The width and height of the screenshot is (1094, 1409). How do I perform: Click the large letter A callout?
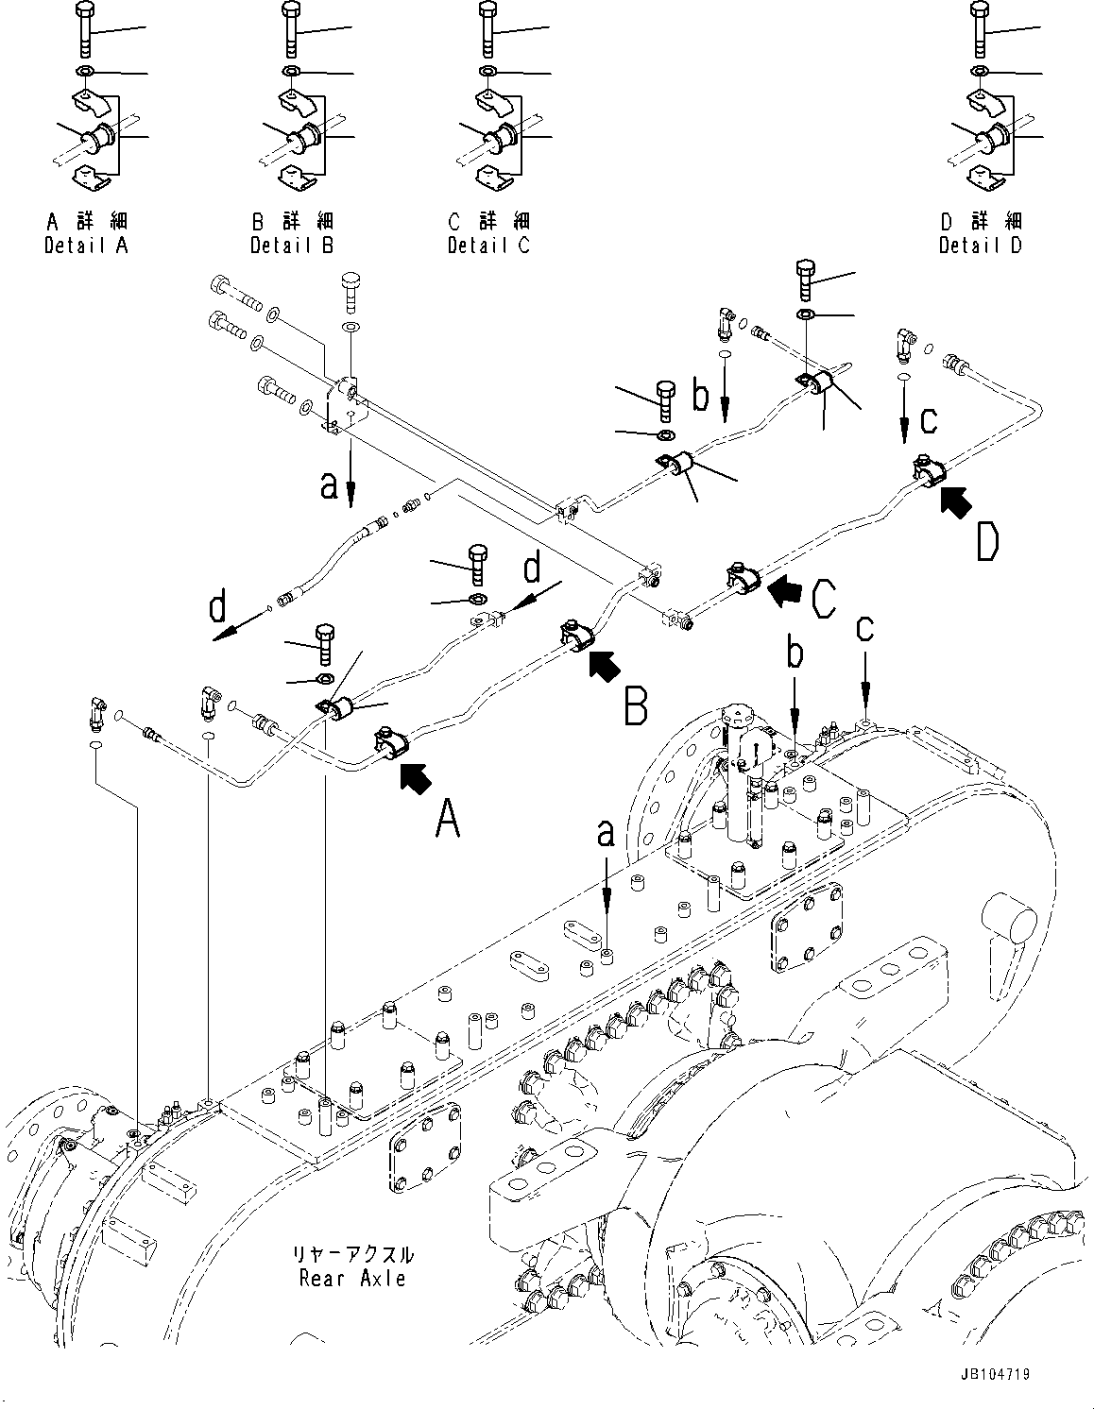(447, 818)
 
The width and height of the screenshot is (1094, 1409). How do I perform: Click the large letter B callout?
(635, 704)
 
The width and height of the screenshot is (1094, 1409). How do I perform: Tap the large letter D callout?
(986, 541)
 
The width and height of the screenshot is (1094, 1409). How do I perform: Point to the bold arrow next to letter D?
(957, 500)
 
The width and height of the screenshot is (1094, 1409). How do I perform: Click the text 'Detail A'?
(86, 245)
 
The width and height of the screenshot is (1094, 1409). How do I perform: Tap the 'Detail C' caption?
(488, 245)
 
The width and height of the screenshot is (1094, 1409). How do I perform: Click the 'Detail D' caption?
(980, 245)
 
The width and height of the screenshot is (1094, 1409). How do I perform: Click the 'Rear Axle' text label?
(352, 1278)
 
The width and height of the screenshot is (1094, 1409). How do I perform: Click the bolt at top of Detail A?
(81, 28)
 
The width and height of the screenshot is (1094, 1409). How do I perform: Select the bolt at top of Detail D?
(980, 28)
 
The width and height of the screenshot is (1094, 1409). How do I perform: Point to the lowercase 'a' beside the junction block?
(328, 484)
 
